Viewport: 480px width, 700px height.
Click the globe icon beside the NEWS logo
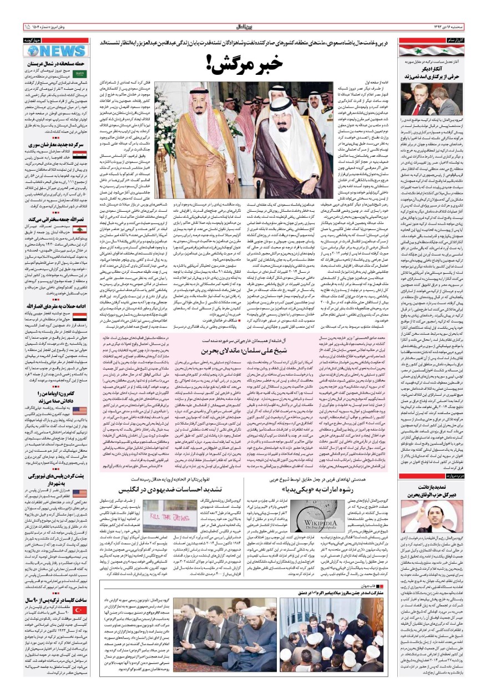pos(33,50)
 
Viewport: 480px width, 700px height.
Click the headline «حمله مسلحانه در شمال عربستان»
pos(53,65)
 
